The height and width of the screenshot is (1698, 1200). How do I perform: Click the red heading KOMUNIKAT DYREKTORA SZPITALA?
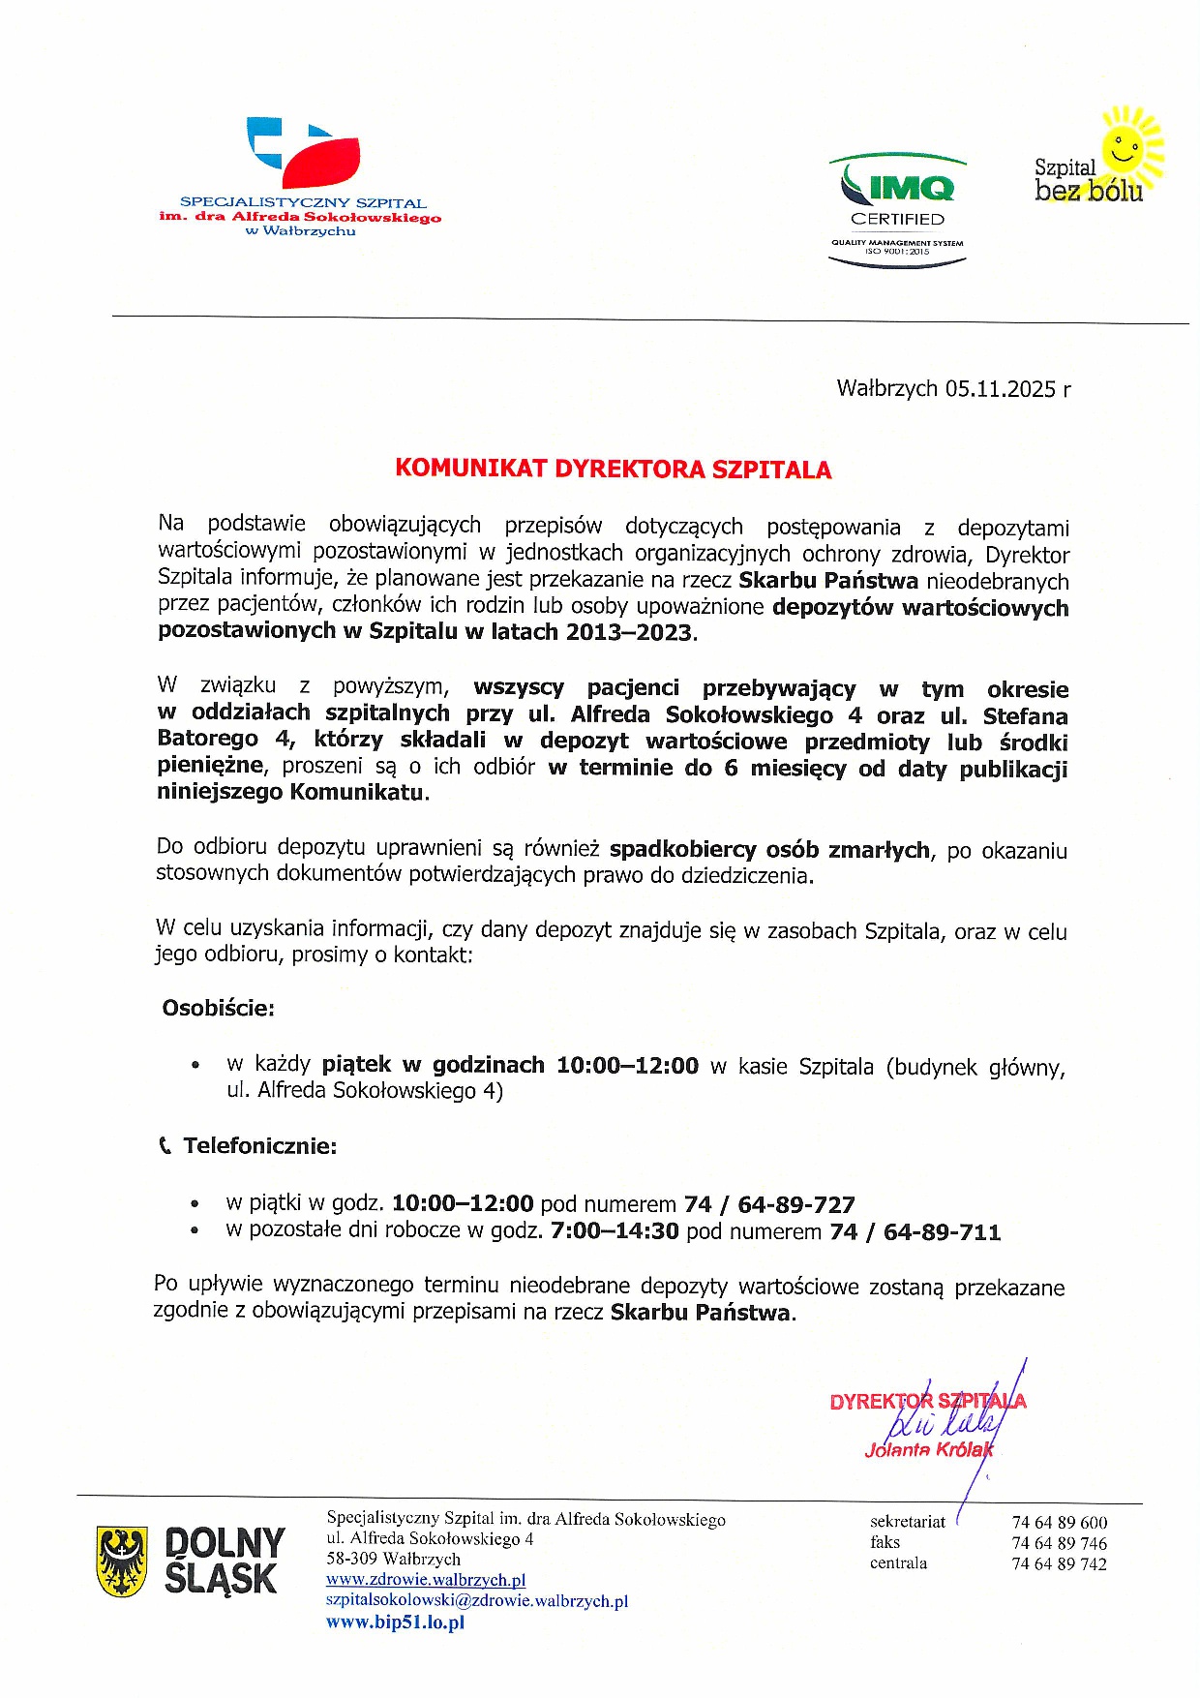(613, 470)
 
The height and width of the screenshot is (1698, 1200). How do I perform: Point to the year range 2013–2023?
(629, 633)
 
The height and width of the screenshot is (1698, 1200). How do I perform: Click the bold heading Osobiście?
(218, 1009)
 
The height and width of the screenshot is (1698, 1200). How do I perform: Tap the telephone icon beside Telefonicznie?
(165, 1146)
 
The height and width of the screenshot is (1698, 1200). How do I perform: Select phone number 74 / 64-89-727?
(769, 1205)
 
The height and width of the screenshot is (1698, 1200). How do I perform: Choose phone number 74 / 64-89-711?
(915, 1232)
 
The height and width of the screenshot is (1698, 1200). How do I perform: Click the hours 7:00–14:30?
(615, 1231)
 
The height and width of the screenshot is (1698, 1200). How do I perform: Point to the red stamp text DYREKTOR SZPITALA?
(927, 1402)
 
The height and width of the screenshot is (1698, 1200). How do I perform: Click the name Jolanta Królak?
(929, 1450)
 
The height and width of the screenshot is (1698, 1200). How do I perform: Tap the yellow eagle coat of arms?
(122, 1561)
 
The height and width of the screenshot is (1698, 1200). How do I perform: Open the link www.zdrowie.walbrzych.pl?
(426, 1580)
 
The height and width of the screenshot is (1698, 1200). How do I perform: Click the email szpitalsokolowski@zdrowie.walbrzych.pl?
(477, 1601)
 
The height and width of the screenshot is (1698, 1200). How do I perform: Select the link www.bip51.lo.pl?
(395, 1622)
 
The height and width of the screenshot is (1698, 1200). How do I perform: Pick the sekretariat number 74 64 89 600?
(1060, 1523)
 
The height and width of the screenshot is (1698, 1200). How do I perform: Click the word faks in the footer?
(885, 1542)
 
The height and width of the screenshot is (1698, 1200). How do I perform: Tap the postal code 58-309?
(352, 1560)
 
